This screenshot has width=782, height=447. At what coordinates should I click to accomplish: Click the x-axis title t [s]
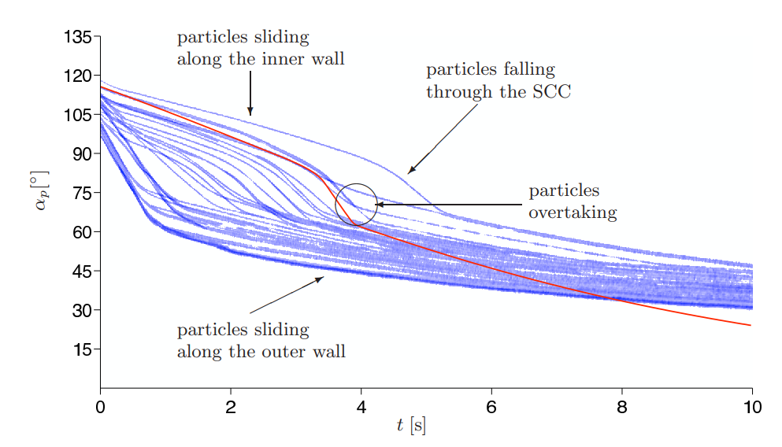[410, 426]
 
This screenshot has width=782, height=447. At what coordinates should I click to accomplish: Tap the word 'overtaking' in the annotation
[573, 212]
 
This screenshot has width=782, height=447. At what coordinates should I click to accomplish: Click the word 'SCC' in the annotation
[552, 92]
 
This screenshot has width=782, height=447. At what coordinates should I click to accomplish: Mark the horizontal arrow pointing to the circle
[449, 205]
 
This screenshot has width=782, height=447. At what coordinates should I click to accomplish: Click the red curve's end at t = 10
[751, 325]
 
